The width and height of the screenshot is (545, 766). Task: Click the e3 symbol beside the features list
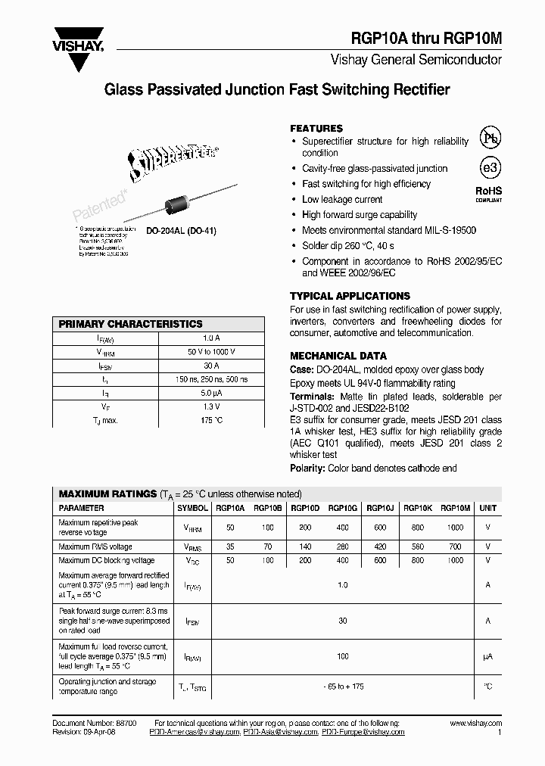click(x=491, y=168)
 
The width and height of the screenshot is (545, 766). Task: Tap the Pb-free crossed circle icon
click(x=491, y=139)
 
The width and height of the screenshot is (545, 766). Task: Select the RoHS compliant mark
click(x=488, y=194)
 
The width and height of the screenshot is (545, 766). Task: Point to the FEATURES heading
click(x=316, y=129)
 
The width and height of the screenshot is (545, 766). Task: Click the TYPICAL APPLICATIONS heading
click(x=350, y=296)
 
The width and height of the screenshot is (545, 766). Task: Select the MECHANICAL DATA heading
click(x=338, y=356)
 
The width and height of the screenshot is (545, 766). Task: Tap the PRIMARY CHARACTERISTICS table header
click(x=130, y=324)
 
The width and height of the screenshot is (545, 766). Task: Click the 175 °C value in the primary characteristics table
click(x=211, y=420)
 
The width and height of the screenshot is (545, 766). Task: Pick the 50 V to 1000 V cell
click(x=211, y=352)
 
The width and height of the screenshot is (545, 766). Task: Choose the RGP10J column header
click(x=379, y=509)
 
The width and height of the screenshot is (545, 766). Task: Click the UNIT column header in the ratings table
click(x=488, y=509)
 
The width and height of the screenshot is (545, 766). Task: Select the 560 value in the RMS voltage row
click(x=416, y=546)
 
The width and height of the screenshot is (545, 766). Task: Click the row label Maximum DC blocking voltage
click(x=106, y=561)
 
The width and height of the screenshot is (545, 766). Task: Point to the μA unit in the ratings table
click(x=488, y=656)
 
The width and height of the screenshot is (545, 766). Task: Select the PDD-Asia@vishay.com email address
click(x=280, y=732)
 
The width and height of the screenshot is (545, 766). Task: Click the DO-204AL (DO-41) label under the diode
click(x=181, y=231)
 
